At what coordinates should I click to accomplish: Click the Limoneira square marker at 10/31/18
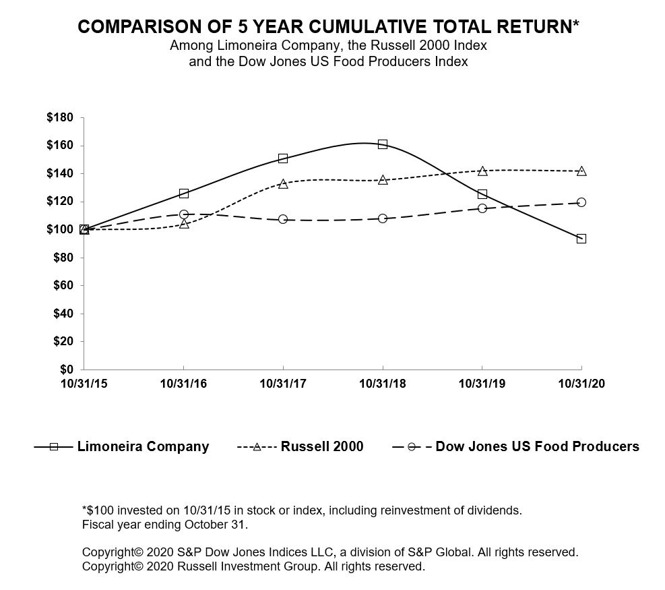[383, 144]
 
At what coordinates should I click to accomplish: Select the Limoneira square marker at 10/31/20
[581, 239]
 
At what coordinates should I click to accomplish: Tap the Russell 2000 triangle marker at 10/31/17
[283, 183]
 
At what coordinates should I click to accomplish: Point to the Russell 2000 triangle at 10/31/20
[581, 171]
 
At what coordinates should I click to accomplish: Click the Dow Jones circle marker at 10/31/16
[183, 214]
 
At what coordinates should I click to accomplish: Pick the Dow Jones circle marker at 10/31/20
[581, 202]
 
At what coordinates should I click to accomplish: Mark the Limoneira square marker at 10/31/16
[183, 194]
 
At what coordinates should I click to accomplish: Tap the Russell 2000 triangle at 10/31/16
[183, 224]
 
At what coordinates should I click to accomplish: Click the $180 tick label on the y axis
[59, 118]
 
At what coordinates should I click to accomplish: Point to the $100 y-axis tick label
[59, 230]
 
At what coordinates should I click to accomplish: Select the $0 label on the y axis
[66, 370]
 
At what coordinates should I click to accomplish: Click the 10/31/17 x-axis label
[283, 384]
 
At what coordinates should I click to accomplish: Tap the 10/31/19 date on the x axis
[482, 384]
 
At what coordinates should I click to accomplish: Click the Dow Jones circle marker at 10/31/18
[383, 218]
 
